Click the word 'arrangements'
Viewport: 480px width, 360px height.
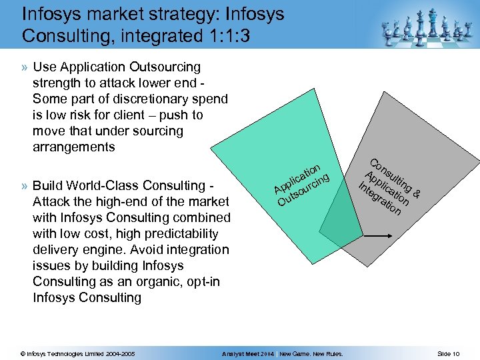[x=73, y=147]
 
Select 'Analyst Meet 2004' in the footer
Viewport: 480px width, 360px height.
[x=248, y=353]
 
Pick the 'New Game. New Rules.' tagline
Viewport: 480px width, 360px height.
[x=311, y=353]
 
